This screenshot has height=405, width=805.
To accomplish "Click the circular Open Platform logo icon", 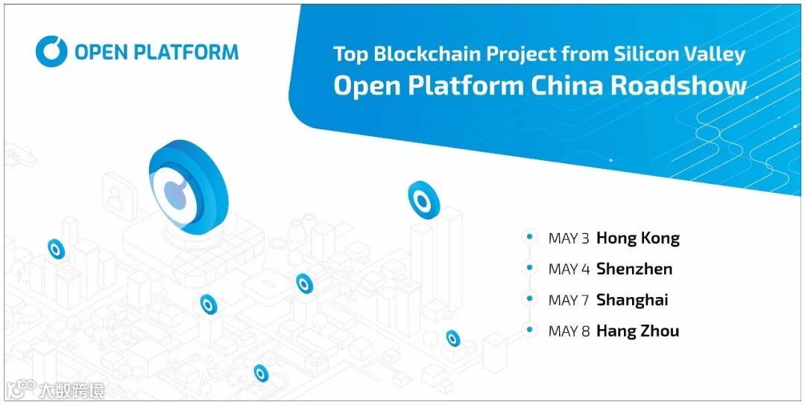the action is pos(52,51).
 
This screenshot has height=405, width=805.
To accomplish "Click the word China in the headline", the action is pos(568,86).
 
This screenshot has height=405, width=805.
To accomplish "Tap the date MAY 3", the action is pos(569,239).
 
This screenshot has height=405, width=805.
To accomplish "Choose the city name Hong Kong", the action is pos(638,239).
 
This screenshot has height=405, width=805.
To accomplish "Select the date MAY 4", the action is pos(569,270).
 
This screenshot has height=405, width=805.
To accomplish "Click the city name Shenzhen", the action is pos(634,270).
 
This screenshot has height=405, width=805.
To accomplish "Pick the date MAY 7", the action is pos(569,301).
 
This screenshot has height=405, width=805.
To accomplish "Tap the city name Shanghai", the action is pos(632,301).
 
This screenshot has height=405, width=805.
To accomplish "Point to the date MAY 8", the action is pos(569,331).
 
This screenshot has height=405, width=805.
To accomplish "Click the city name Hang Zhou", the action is pos(637,331).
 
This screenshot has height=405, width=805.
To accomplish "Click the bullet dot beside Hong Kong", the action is pos(530,237).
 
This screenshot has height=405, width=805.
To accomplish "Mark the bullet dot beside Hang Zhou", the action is pos(530,329).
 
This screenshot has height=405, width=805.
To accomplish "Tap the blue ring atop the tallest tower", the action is pos(423,200).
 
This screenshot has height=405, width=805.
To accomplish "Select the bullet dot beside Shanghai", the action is pos(530,299).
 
